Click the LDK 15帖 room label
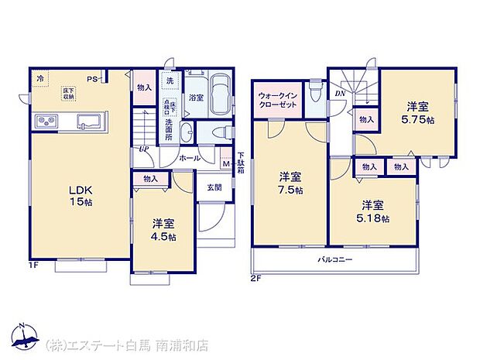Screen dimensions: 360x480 tap(79, 196)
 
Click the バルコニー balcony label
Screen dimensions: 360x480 tap(334, 259)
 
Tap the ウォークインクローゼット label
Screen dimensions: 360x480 tap(277, 100)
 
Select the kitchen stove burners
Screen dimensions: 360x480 tap(46, 122)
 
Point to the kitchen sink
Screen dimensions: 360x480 tap(87, 122)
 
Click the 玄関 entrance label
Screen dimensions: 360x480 tap(214, 187)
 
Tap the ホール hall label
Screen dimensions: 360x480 tap(190, 158)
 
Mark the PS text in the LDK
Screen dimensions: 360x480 tap(92, 79)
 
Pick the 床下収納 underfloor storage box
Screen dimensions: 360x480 tap(69, 94)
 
